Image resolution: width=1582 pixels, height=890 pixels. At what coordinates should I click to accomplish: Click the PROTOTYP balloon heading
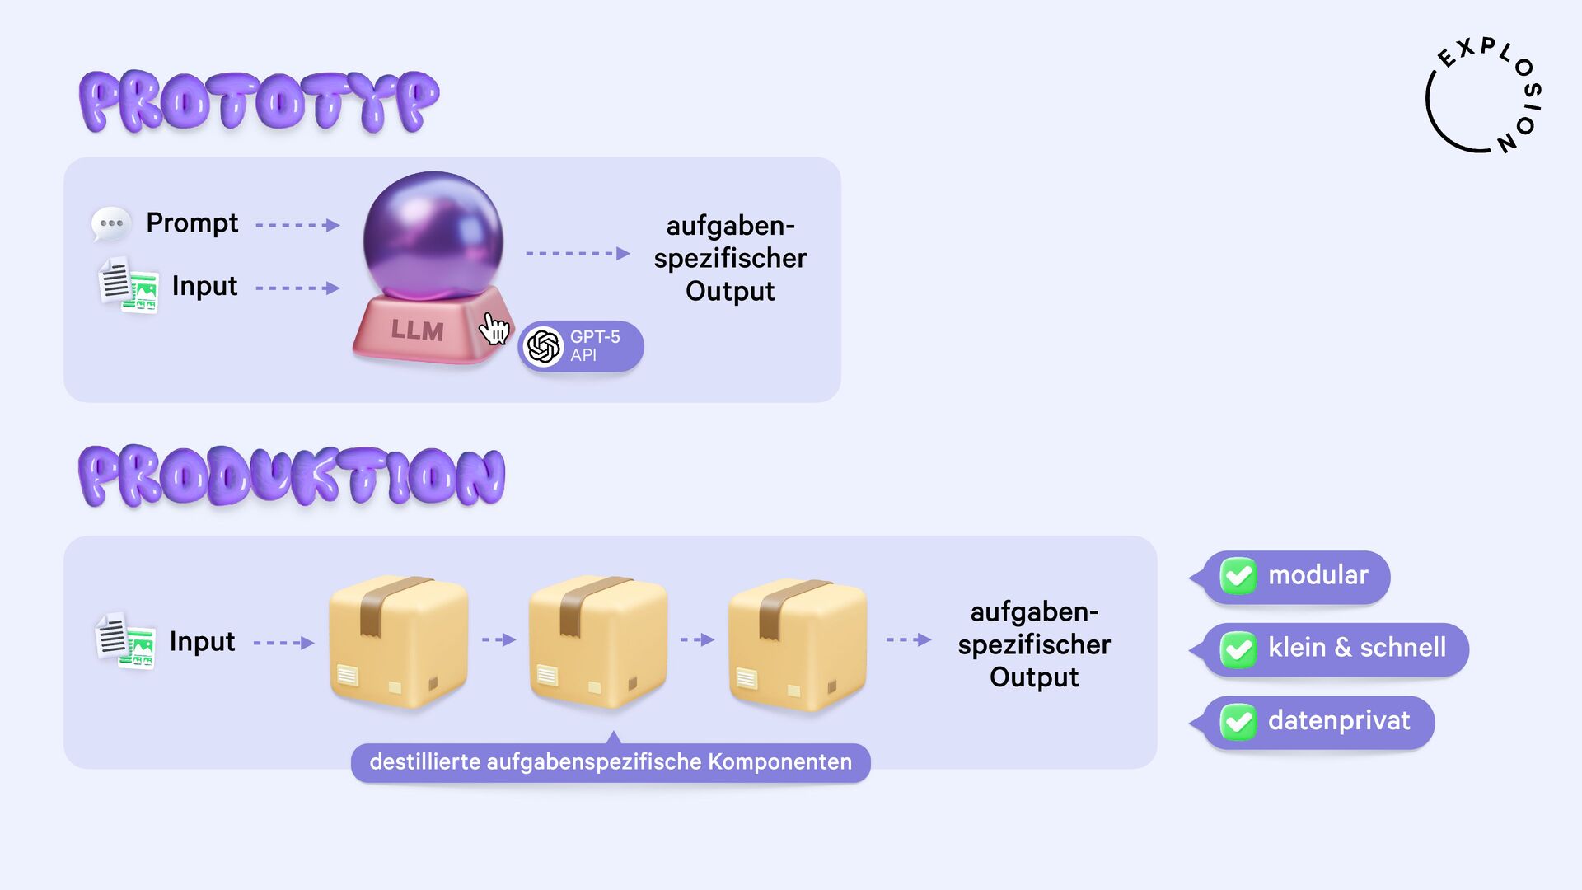[259, 102]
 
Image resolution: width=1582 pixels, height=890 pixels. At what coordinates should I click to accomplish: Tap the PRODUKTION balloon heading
[292, 476]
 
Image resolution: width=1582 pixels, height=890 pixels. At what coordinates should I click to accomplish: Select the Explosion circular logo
[1484, 96]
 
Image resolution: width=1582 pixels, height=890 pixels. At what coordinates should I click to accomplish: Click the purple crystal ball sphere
[433, 232]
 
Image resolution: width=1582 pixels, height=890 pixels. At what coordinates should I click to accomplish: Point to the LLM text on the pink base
[417, 330]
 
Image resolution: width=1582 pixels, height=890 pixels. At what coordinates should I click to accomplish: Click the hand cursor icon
[494, 329]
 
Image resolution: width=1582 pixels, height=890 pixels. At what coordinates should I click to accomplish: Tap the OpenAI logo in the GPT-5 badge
[544, 346]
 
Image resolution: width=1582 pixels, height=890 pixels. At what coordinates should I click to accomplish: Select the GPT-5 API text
[594, 346]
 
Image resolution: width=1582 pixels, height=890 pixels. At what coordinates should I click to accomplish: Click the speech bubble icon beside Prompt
[110, 223]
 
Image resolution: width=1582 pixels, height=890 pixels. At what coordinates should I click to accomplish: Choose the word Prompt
[192, 223]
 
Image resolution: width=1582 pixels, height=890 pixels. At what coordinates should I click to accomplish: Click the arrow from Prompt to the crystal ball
[297, 225]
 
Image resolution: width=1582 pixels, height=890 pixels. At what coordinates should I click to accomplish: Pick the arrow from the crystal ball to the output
[577, 254]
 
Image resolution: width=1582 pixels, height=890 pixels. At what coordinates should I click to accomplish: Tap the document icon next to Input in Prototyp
[129, 286]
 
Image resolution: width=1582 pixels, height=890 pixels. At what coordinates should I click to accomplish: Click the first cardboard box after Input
[398, 641]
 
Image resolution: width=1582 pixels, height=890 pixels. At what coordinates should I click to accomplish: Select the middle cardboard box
[597, 641]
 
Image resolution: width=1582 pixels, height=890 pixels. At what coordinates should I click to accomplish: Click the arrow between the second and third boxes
[697, 639]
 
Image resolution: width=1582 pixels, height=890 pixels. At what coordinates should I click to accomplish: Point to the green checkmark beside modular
[1238, 576]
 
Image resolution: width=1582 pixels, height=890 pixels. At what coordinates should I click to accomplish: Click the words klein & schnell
[1356, 648]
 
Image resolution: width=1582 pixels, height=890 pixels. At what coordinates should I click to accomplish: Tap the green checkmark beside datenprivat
[1238, 722]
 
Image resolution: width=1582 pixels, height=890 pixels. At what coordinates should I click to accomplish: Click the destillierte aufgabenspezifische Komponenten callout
[611, 762]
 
